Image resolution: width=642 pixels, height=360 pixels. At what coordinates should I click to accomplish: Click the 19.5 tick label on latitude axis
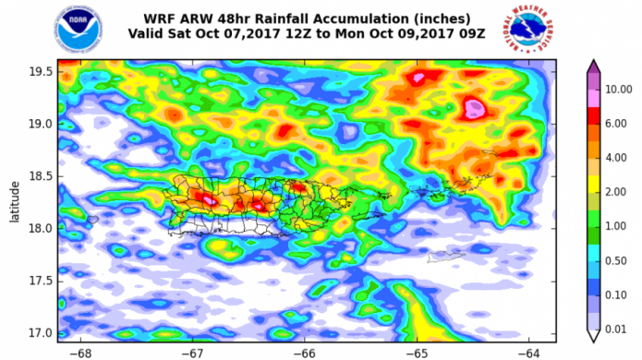pyautogui.click(x=41, y=71)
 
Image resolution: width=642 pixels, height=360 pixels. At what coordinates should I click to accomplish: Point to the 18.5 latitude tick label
pyautogui.click(x=41, y=176)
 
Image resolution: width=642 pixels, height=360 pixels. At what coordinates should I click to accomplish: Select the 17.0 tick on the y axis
pyautogui.click(x=41, y=332)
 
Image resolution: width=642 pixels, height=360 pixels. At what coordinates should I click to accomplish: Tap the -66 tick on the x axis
pyautogui.click(x=304, y=352)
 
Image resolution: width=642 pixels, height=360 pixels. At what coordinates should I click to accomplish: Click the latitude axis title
pyautogui.click(x=14, y=200)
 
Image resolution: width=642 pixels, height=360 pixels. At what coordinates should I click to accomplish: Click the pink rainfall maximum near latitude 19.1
pyautogui.click(x=474, y=109)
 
